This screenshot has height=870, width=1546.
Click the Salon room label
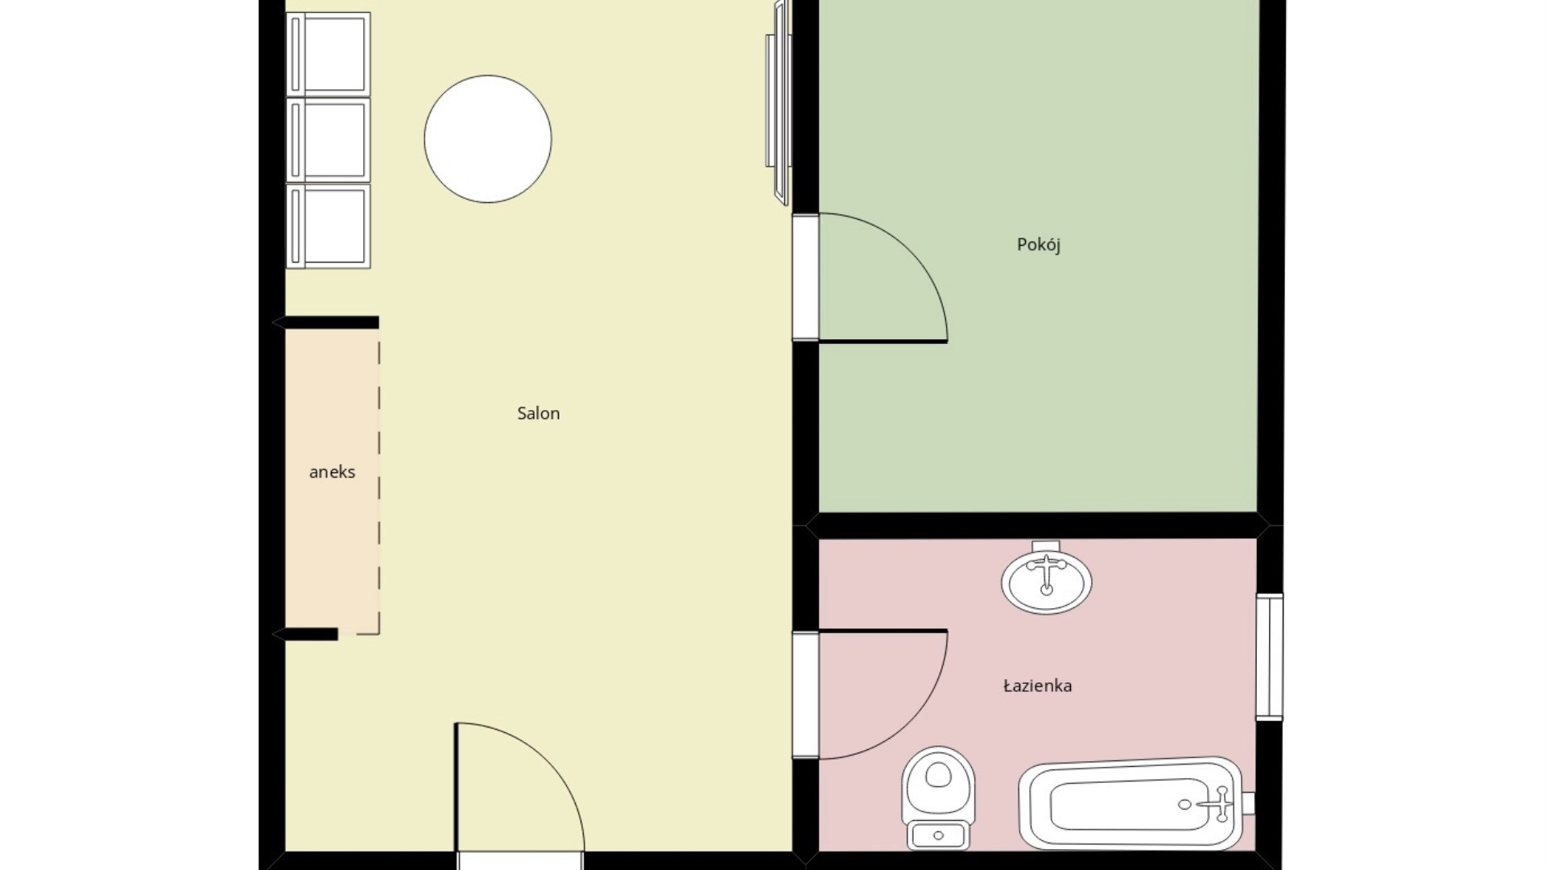point(538,413)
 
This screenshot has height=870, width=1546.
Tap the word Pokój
point(1038,244)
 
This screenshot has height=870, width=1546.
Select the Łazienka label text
point(1037,686)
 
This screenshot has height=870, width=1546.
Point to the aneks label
point(332,472)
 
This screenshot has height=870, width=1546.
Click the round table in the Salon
point(488,139)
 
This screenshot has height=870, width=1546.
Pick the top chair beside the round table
point(329,53)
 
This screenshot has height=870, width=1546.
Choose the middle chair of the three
point(329,139)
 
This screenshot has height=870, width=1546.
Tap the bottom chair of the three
point(329,226)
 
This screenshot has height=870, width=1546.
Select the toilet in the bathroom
point(938,797)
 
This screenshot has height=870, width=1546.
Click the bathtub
point(1131,803)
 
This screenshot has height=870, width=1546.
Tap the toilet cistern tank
point(938,835)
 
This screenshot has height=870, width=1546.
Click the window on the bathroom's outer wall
point(1269,657)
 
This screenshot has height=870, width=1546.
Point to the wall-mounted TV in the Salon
point(778,102)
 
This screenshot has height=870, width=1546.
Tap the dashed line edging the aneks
point(378,483)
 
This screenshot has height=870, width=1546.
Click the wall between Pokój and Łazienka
point(1038,525)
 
